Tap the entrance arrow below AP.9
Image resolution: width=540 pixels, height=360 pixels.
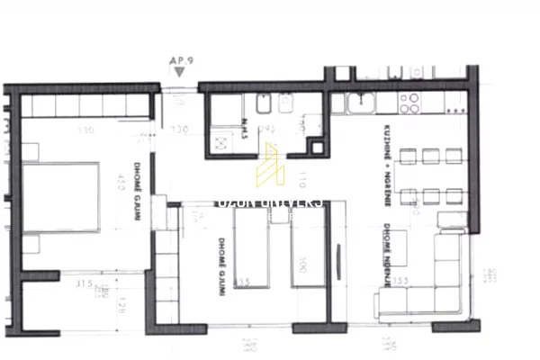[x=180, y=70]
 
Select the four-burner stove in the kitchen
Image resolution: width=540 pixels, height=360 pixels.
[x=409, y=102]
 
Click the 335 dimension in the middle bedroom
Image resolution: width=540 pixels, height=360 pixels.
[x=243, y=282]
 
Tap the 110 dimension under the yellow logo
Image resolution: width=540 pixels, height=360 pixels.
[x=302, y=175]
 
